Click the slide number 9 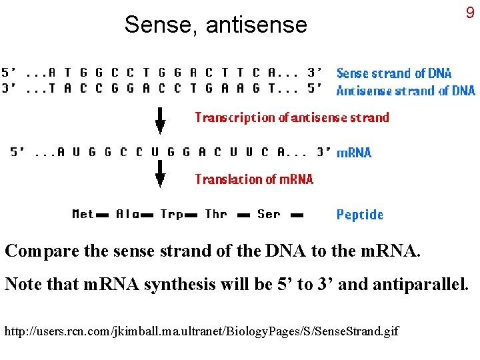(x=470, y=13)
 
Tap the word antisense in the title (x=257, y=25)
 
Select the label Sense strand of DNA (x=393, y=73)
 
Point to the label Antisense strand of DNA (x=405, y=91)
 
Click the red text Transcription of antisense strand (x=291, y=117)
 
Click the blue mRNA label (x=353, y=153)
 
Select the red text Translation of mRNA (x=253, y=179)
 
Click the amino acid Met (x=83, y=214)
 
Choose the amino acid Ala (x=127, y=214)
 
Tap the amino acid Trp (x=171, y=214)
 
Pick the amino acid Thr (x=216, y=214)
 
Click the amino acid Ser (x=269, y=214)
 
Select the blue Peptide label (x=359, y=215)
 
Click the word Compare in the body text (x=42, y=252)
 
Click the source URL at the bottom (x=202, y=330)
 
